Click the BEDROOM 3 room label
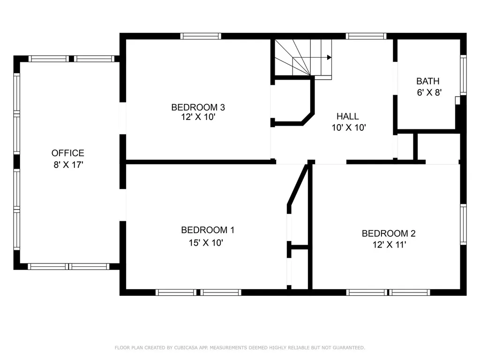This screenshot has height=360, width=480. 198,107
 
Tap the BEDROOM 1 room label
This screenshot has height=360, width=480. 208,230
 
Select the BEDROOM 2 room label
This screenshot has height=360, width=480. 389,233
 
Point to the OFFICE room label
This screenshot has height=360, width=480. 67,153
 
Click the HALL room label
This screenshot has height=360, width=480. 348,116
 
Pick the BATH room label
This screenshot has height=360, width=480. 428,81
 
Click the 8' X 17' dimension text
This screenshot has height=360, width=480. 68,165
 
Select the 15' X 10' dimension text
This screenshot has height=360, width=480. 206,243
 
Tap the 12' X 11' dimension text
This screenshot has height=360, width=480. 390,245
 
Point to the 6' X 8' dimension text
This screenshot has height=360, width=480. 429,92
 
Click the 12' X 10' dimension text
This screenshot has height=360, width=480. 198,117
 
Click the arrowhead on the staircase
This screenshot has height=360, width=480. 329,57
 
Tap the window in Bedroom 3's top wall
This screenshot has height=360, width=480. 201,36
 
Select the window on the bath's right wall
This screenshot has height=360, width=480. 464,75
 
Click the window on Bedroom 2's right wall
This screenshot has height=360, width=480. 464,225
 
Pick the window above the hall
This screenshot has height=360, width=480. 366,36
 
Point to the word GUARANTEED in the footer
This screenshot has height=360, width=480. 349,348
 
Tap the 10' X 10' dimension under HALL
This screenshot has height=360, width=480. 349,127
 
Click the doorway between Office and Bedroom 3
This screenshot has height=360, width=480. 123,118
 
